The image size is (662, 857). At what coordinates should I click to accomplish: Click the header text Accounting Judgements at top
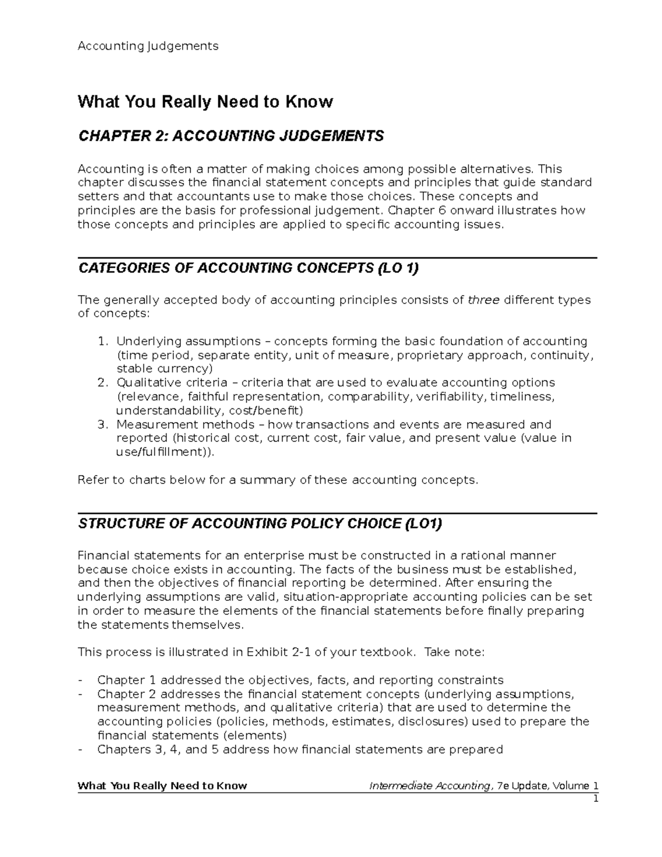pyautogui.click(x=148, y=46)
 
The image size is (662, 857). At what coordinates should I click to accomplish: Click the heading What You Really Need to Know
pyautogui.click(x=205, y=102)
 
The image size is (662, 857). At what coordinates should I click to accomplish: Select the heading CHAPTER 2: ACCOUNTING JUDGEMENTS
pyautogui.click(x=231, y=136)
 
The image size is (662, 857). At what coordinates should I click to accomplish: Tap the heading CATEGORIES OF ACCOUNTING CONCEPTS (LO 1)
pyautogui.click(x=248, y=268)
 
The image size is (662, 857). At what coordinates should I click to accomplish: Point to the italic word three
pyautogui.click(x=483, y=300)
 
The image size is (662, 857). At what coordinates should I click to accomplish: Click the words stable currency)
pyautogui.click(x=164, y=369)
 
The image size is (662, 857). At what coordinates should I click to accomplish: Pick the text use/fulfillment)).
pyautogui.click(x=163, y=452)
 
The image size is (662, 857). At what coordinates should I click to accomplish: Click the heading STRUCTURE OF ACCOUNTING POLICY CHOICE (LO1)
pyautogui.click(x=260, y=524)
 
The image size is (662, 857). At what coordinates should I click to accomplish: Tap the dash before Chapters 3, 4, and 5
pyautogui.click(x=82, y=749)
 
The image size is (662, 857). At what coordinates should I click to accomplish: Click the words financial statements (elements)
pyautogui.click(x=191, y=736)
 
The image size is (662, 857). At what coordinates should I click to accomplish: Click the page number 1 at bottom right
pyautogui.click(x=596, y=800)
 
